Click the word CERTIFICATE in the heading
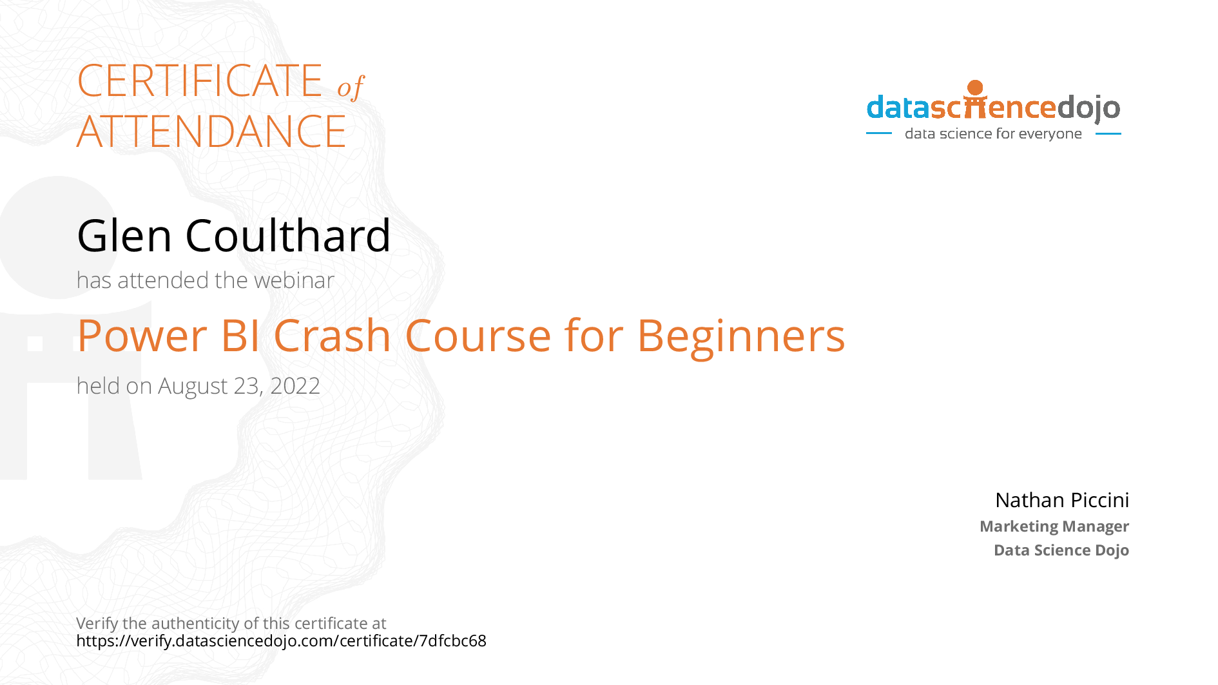click(x=200, y=81)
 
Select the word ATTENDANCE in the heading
click(x=211, y=131)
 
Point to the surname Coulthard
click(x=288, y=235)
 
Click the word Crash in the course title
click(x=333, y=336)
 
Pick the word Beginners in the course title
click(x=741, y=338)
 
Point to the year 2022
click(x=295, y=386)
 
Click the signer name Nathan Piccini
click(x=1062, y=500)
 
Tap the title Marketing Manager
click(x=1054, y=526)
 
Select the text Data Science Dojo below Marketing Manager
click(x=1061, y=550)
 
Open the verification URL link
click(x=281, y=641)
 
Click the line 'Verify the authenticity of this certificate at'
click(x=231, y=623)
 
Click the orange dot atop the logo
click(x=976, y=88)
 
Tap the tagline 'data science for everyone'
click(x=993, y=133)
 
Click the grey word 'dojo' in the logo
click(x=1088, y=108)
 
